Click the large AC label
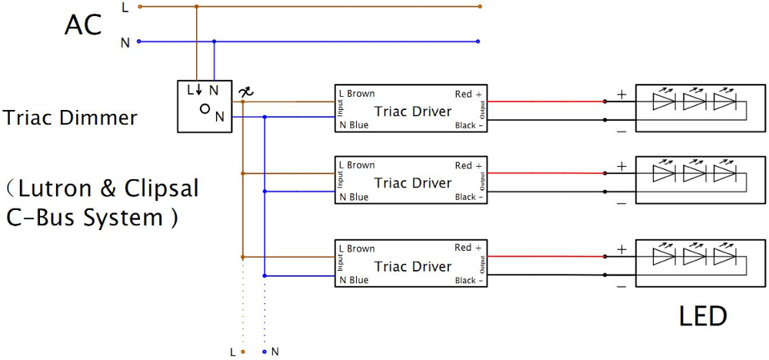pos(82,25)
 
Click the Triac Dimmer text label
pos(70,118)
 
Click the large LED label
pos(703,315)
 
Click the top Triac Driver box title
pos(413,112)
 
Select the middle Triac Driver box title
pos(413,183)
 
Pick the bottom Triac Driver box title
pos(413,266)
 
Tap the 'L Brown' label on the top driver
pos(357,94)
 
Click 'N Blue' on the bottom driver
pos(354,281)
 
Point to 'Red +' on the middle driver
pos(468,165)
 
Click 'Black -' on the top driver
pos(469,125)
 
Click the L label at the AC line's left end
pos(125,7)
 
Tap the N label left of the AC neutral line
pos(125,42)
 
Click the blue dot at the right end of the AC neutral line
pos(478,42)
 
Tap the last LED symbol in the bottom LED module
pos(724,256)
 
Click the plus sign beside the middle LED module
pos(621,165)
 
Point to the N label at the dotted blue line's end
pos(275,352)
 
